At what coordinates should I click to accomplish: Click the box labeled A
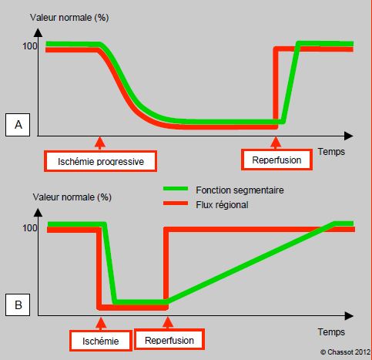pyautogui.click(x=18, y=125)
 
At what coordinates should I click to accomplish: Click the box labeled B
pyautogui.click(x=18, y=304)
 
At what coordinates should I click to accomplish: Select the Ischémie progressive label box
pyautogui.click(x=100, y=161)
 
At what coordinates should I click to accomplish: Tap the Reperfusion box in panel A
pyautogui.click(x=276, y=160)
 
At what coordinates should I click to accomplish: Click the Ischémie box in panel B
pyautogui.click(x=101, y=341)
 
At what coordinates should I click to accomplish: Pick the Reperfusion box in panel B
pyautogui.click(x=169, y=340)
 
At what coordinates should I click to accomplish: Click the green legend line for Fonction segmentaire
pyautogui.click(x=176, y=189)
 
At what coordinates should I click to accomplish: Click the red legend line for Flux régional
pyautogui.click(x=176, y=204)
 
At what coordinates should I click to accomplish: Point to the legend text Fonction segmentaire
pyautogui.click(x=240, y=190)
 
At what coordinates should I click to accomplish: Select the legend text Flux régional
pyautogui.click(x=222, y=205)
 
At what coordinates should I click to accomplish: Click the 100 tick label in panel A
pyautogui.click(x=30, y=46)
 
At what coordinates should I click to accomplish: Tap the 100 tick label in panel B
pyautogui.click(x=30, y=228)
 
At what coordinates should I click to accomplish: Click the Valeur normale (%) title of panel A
pyautogui.click(x=69, y=18)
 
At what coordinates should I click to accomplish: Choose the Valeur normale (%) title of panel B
pyautogui.click(x=72, y=197)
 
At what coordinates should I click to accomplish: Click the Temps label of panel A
pyautogui.click(x=331, y=152)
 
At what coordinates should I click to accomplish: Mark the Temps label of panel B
pyautogui.click(x=331, y=332)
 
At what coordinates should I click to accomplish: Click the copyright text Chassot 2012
pyautogui.click(x=345, y=352)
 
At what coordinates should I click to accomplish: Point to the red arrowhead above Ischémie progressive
pyautogui.click(x=100, y=142)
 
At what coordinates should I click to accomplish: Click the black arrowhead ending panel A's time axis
pyautogui.click(x=348, y=136)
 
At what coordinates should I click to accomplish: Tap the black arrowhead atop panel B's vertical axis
pyautogui.click(x=38, y=213)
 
